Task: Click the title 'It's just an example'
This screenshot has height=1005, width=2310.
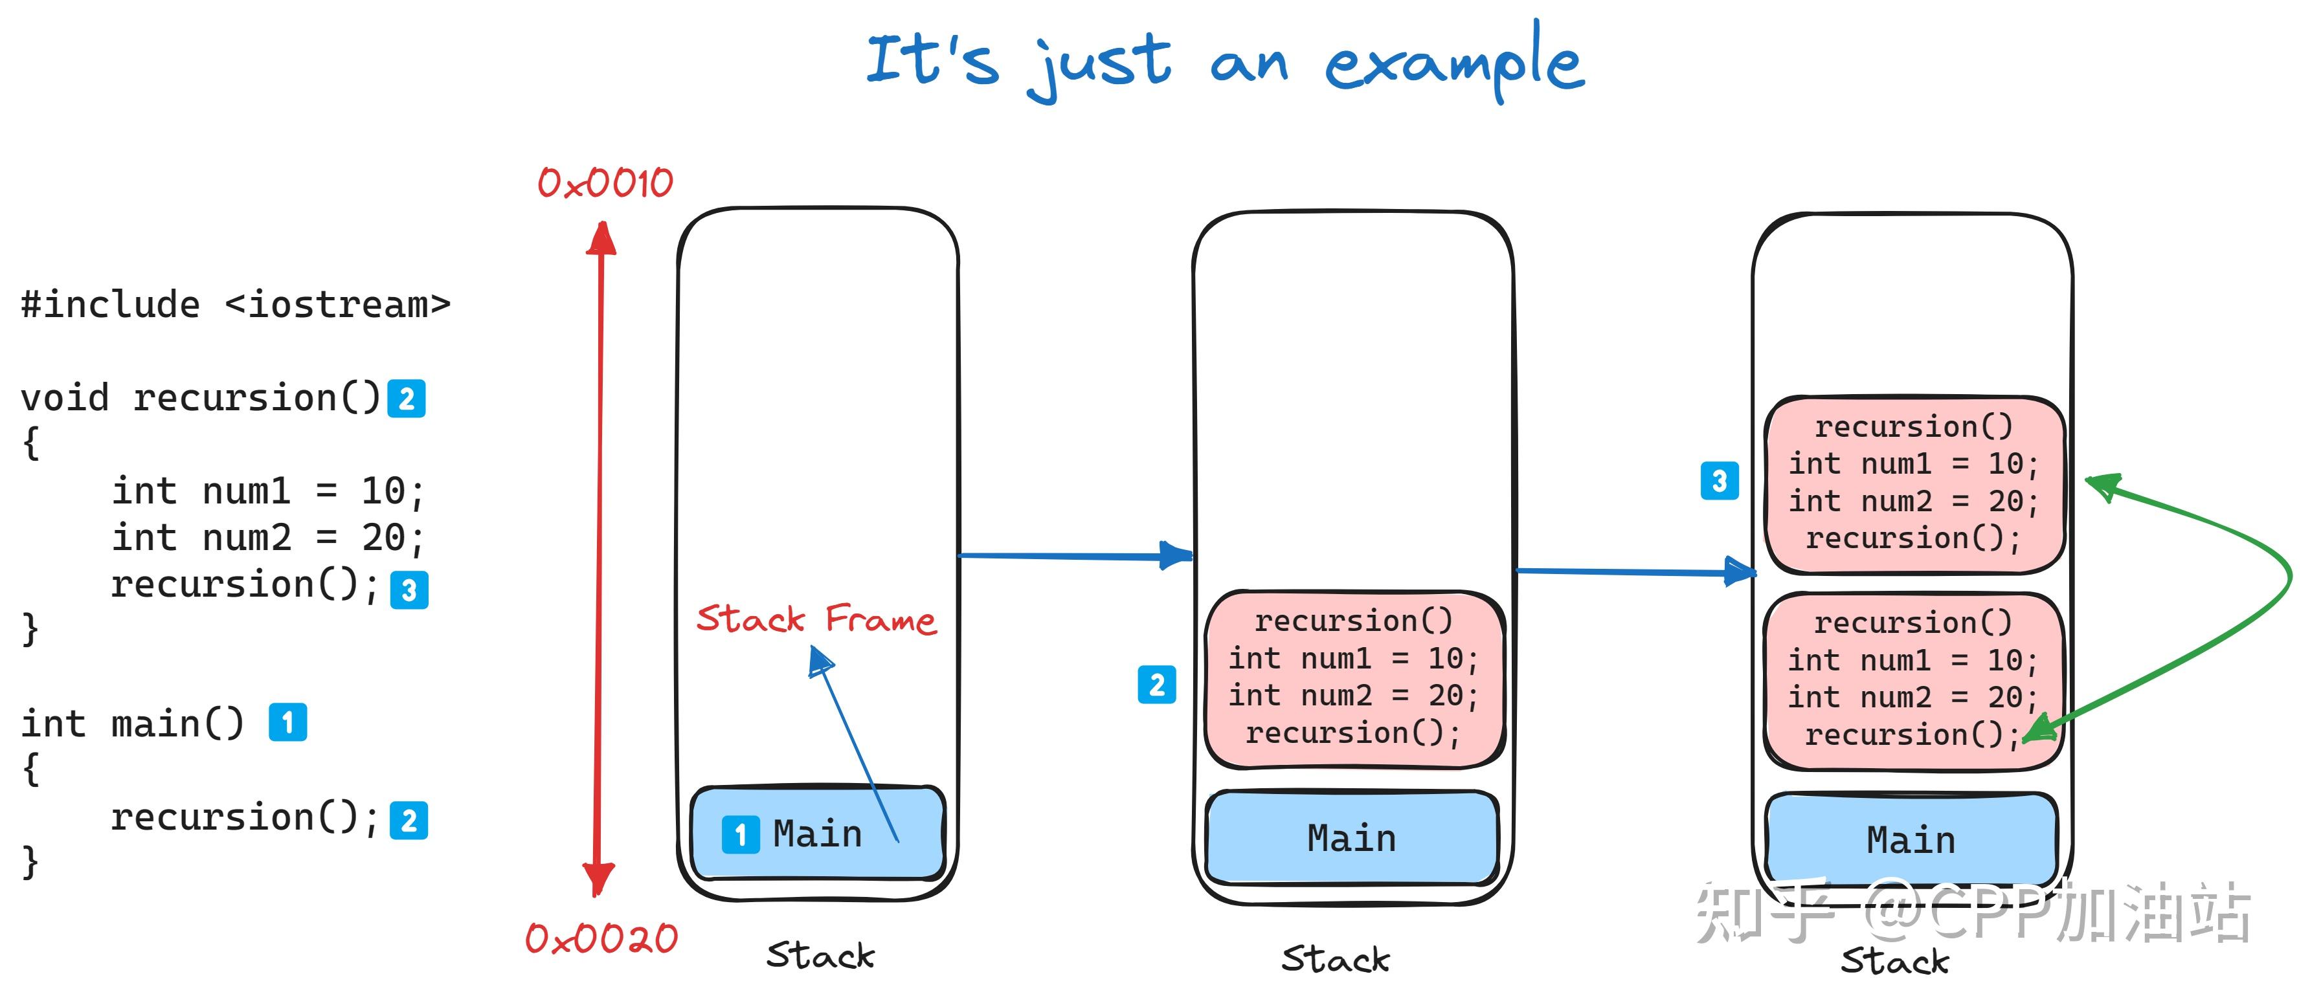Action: [1225, 61]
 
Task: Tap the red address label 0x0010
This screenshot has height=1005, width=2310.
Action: [605, 183]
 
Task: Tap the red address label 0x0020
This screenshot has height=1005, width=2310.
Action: [601, 938]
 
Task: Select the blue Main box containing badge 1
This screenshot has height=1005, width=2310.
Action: [818, 833]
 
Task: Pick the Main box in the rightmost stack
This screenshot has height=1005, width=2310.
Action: [1911, 840]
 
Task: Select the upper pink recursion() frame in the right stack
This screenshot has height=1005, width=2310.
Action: [1914, 484]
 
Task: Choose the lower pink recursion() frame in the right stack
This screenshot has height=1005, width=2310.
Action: [1912, 680]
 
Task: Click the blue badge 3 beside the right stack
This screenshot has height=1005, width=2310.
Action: [1719, 481]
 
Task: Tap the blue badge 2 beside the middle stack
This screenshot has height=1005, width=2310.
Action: [1157, 685]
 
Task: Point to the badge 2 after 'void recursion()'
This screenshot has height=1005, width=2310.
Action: [406, 398]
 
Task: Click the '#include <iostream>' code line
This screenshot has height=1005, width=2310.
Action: [235, 305]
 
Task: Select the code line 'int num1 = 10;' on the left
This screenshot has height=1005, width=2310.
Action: [267, 491]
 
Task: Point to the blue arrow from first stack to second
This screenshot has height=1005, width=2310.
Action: [1075, 556]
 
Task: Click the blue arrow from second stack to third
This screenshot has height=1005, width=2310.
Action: [1635, 570]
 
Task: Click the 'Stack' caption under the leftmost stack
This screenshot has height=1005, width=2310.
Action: [820, 956]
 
